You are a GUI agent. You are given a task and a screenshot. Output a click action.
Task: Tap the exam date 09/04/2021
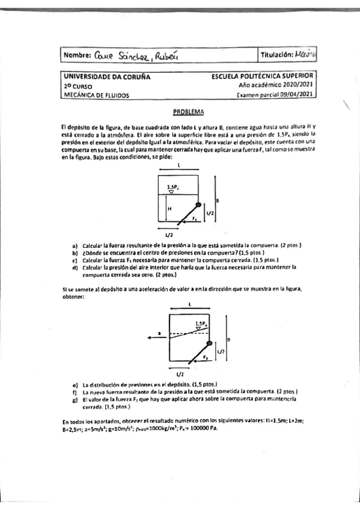(296, 94)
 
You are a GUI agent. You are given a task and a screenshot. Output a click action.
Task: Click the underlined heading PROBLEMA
(188, 112)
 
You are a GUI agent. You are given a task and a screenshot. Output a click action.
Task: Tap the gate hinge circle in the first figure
(200, 206)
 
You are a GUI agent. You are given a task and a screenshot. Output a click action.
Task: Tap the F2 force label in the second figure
(205, 357)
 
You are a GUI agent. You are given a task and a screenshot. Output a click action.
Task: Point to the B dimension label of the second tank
(229, 340)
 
